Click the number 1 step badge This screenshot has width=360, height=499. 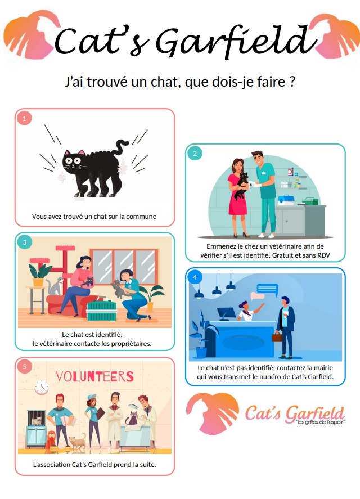tap(25, 119)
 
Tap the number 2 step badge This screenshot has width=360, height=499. tap(195, 154)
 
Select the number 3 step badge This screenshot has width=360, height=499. tap(25, 242)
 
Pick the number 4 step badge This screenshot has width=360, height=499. tap(195, 277)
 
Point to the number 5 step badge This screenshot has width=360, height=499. tap(25, 367)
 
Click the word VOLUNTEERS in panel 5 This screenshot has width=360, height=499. tap(95, 376)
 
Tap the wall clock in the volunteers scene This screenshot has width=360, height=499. tap(42, 386)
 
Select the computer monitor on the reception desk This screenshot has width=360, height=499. tap(226, 313)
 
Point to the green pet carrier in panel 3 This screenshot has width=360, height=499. tap(102, 311)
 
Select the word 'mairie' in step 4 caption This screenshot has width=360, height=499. tap(323, 368)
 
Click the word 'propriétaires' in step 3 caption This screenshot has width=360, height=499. tap(131, 344)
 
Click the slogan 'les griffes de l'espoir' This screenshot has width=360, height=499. tap(320, 422)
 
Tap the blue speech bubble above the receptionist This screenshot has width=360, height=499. tap(267, 289)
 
